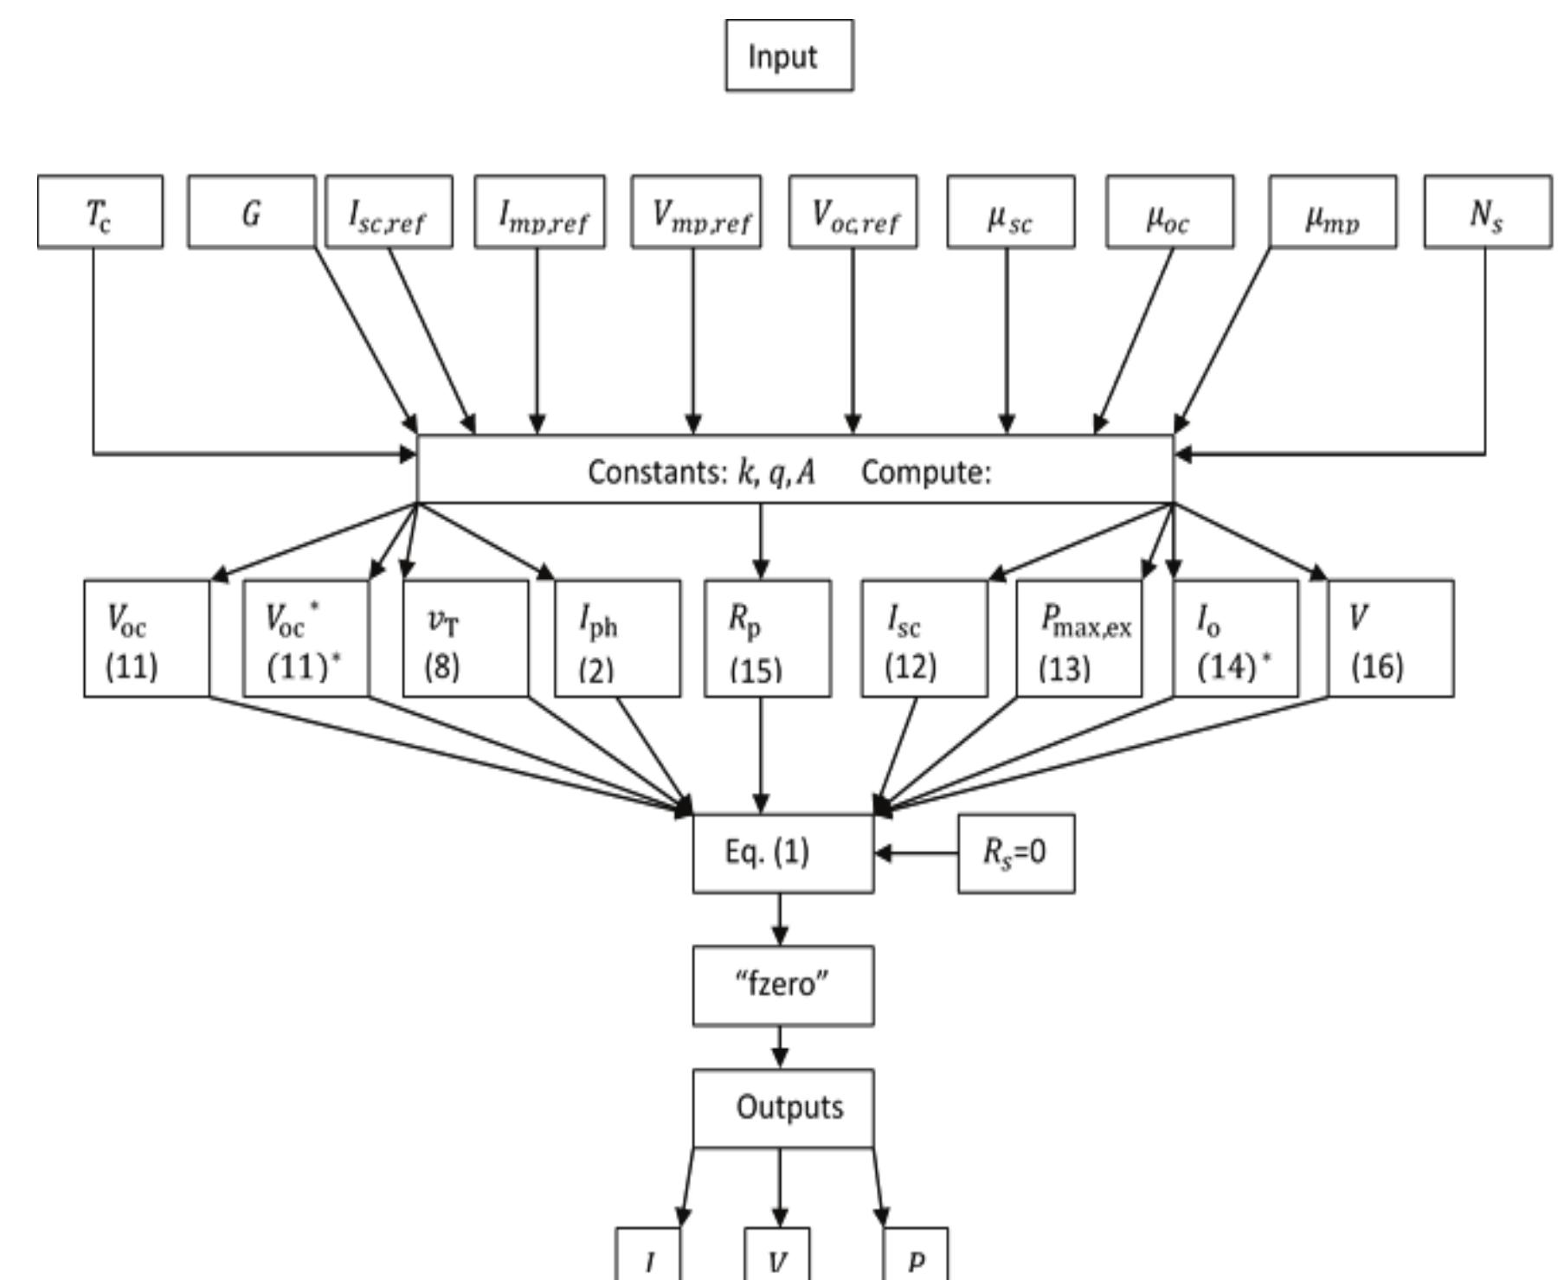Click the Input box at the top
[x=788, y=55]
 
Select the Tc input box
[x=100, y=212]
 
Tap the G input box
[x=251, y=212]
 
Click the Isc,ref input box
[x=389, y=212]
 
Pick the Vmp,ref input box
[x=696, y=212]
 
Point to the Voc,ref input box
[x=853, y=212]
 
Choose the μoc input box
[x=1169, y=212]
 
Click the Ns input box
[x=1487, y=212]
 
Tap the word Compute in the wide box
[x=925, y=473]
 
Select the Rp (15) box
[x=768, y=639]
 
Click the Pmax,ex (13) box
[x=1079, y=639]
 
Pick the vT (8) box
[x=465, y=639]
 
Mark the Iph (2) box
[x=617, y=639]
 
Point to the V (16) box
[x=1390, y=639]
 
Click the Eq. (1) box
[x=782, y=852]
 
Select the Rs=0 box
[x=1016, y=852]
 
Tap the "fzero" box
[x=782, y=985]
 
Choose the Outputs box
[x=782, y=1108]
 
